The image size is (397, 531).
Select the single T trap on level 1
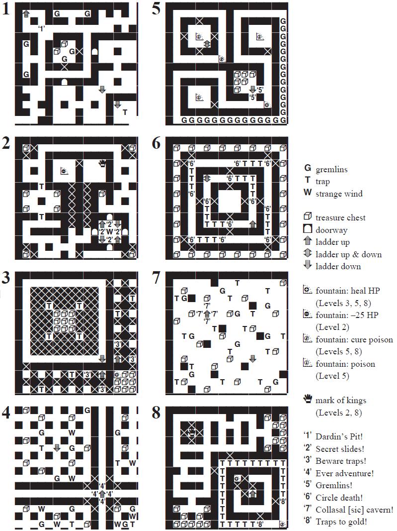coord(125,112)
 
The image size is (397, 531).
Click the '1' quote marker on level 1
coord(42,28)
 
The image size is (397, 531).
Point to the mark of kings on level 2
coord(103,163)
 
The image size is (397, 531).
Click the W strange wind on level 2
coord(110,231)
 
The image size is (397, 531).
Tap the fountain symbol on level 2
coord(64,171)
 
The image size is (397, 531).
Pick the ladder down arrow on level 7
coord(252,358)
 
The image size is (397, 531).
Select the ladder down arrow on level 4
coord(57,448)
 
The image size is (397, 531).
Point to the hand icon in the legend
coord(308,400)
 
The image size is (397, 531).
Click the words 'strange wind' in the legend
coord(339,194)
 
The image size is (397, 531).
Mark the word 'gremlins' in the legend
coord(332,170)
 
